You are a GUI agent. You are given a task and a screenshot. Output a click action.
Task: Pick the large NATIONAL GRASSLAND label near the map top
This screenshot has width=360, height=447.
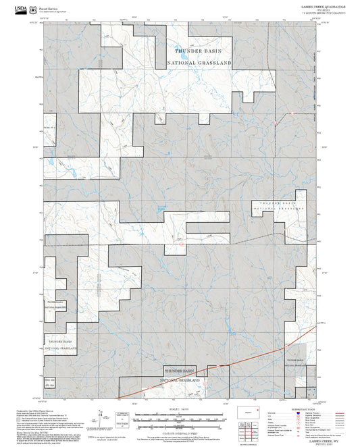click(199, 62)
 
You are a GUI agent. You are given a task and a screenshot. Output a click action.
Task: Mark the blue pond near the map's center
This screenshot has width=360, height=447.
click(161, 207)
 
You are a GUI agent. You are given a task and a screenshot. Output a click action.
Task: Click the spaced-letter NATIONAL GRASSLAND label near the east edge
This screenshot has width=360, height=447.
click(275, 209)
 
